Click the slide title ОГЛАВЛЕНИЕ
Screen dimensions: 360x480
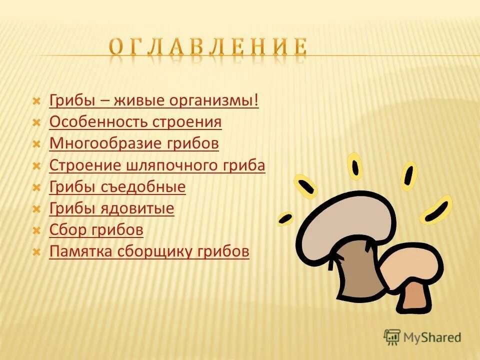[208, 47]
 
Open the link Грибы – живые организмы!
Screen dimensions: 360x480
[154, 100]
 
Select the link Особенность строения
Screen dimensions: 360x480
[135, 122]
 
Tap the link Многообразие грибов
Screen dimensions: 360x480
[134, 143]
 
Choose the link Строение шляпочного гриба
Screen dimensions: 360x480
[157, 165]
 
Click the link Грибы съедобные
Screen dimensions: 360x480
[117, 187]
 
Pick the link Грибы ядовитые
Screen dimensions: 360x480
[111, 208]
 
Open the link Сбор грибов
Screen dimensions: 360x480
[96, 230]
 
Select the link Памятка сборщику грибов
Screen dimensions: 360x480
[149, 251]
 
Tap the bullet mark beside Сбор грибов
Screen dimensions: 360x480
[36, 231]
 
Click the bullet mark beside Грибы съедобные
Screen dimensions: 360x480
[36, 188]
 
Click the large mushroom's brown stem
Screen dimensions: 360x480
[360, 270]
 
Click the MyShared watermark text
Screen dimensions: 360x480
[432, 337]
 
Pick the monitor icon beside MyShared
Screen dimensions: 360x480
[392, 337]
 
